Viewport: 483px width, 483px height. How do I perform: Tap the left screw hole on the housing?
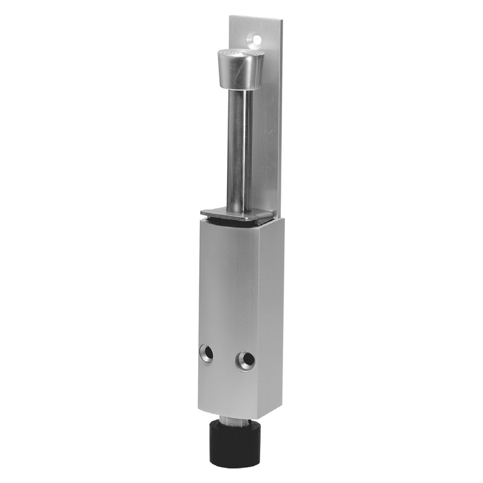pyautogui.click(x=206, y=353)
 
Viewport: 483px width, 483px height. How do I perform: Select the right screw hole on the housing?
pyautogui.click(x=246, y=360)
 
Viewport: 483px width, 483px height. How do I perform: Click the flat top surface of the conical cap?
pyautogui.click(x=239, y=53)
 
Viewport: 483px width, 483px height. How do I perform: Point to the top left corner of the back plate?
pyautogui.click(x=229, y=16)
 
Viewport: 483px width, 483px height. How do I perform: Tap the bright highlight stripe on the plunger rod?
pyautogui.click(x=232, y=151)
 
